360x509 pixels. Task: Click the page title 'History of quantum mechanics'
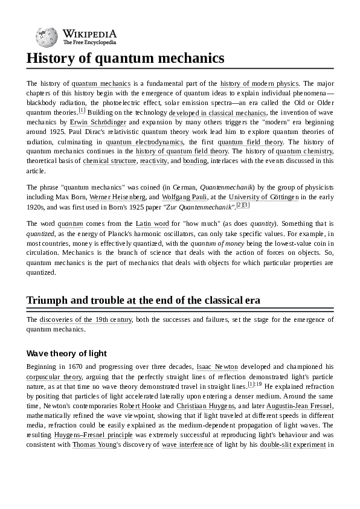pyautogui.click(x=125, y=59)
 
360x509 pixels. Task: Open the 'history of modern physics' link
pyautogui.click(x=259, y=83)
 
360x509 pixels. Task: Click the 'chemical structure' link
pyautogui.click(x=109, y=161)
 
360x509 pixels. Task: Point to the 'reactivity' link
pyautogui.click(x=153, y=161)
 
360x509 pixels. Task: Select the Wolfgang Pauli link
pyautogui.click(x=184, y=197)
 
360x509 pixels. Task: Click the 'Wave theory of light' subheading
pyautogui.click(x=66, y=353)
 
